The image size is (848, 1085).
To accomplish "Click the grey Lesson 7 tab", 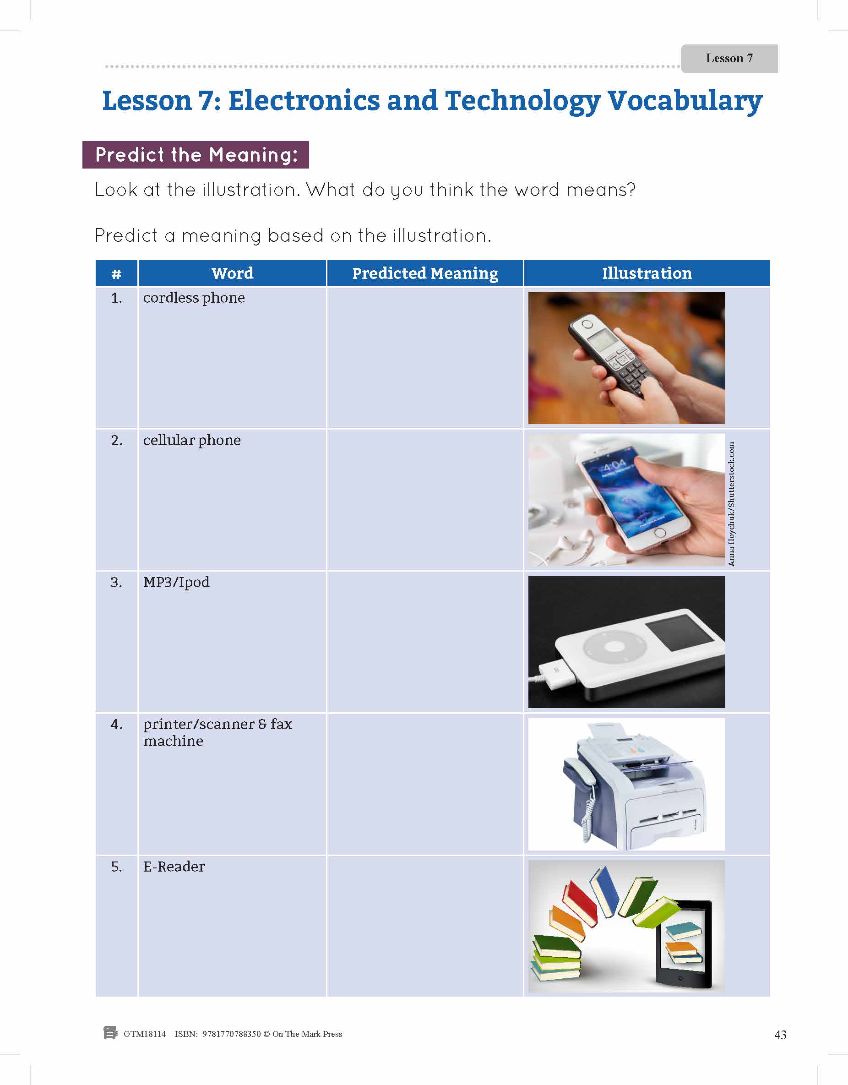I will (728, 59).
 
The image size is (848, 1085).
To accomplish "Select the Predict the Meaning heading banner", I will (196, 155).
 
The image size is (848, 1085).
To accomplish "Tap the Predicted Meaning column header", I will (425, 273).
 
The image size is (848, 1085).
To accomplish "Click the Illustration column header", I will (647, 273).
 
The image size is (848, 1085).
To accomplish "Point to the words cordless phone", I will (194, 298).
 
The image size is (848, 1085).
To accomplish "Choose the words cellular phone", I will (192, 440).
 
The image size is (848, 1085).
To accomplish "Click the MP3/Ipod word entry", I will (176, 582).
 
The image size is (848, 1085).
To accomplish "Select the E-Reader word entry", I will (174, 867).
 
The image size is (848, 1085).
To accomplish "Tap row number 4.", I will (116, 725).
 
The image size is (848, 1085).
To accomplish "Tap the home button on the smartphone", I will (660, 534).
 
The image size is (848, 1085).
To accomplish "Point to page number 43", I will (780, 1034).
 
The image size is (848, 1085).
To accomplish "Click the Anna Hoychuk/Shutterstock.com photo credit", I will (731, 504).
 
